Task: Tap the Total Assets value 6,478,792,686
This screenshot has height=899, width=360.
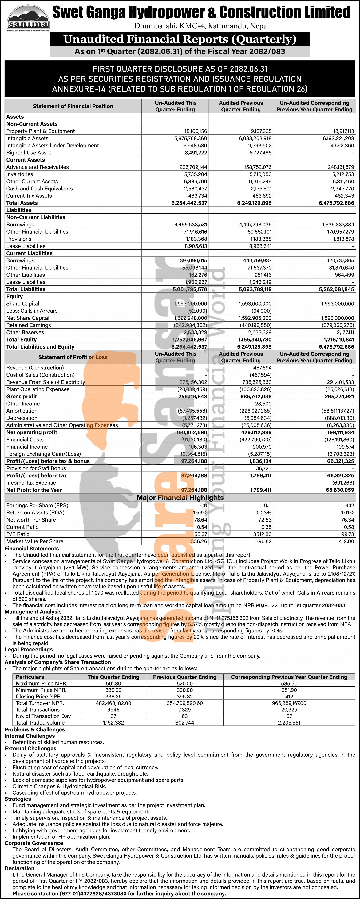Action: click(x=336, y=203)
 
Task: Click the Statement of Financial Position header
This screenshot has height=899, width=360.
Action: click(x=73, y=106)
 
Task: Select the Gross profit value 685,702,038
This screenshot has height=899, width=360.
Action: click(x=255, y=397)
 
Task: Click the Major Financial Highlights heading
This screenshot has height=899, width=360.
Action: click(x=180, y=498)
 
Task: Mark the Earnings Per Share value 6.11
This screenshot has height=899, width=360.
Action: click(x=203, y=505)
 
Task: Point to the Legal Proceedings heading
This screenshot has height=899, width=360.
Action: click(x=29, y=650)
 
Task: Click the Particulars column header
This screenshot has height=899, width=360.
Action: click(x=30, y=677)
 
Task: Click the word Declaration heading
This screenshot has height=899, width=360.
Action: click(x=20, y=868)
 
